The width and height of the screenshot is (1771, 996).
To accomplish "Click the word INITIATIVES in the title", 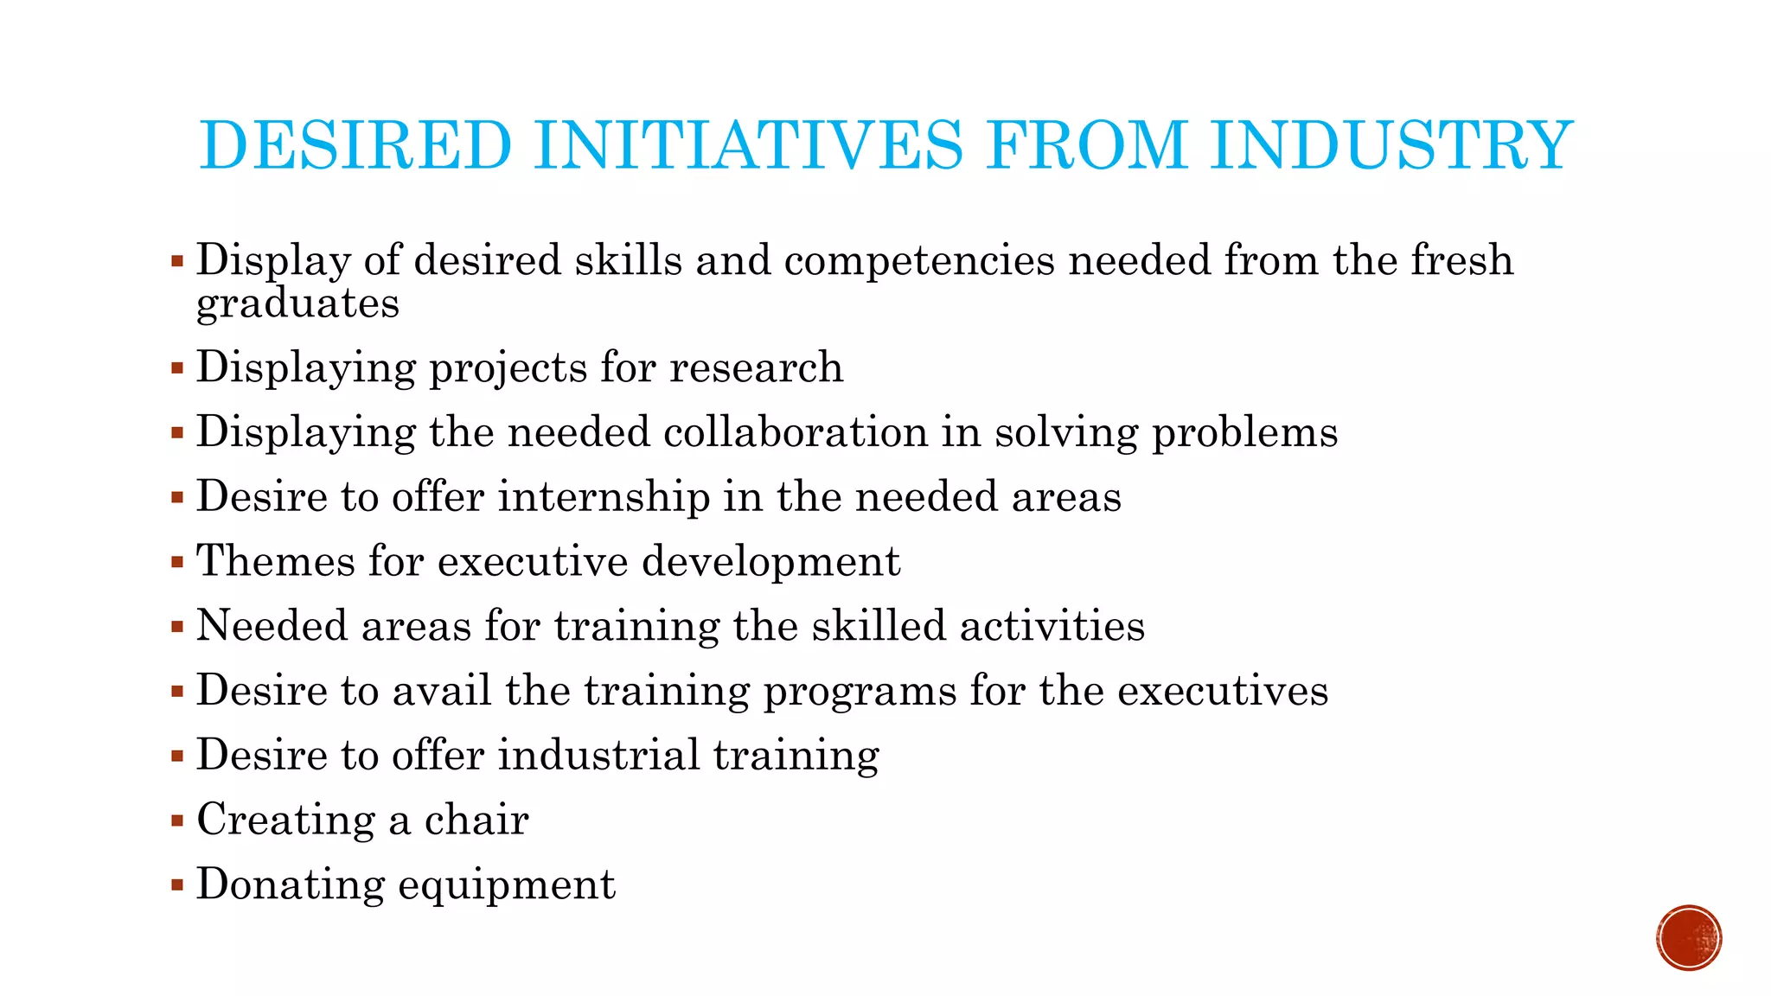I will coord(748,145).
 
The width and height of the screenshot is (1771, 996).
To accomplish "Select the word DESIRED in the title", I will coord(355,145).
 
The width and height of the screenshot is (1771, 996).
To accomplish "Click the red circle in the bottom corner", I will coord(1689,938).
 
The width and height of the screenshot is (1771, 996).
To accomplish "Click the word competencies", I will coord(919,260).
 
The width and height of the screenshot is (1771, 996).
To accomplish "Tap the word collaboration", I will coord(796,431).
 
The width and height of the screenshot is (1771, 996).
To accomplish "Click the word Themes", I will coord(276,561).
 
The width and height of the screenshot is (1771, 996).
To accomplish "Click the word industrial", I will coord(598,755).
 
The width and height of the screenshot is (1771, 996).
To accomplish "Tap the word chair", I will coord(476,820).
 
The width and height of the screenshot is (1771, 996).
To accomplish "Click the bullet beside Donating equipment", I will coord(177,884).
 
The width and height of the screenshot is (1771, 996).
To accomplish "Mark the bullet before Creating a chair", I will coord(177,820).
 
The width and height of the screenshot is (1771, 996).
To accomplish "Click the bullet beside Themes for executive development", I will coord(177,562).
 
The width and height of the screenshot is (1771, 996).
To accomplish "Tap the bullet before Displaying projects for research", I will coord(177,368).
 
